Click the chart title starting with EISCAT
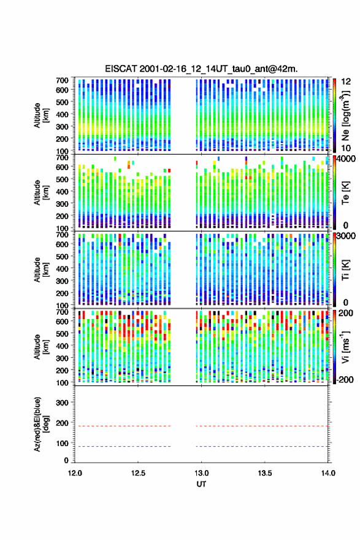(201, 69)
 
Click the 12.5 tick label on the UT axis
(138, 473)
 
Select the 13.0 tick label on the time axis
(201, 473)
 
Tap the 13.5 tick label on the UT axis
(265, 473)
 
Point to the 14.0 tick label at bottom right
(328, 473)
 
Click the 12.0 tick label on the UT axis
(75, 473)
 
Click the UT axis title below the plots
(201, 484)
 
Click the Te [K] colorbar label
(345, 193)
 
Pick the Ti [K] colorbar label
(345, 269)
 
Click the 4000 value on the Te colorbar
(347, 159)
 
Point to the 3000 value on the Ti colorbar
(347, 236)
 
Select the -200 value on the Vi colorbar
(344, 379)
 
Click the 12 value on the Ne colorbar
(347, 82)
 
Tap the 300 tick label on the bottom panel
(62, 403)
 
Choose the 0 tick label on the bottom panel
(66, 460)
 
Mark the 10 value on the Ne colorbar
(347, 148)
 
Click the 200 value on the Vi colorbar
(346, 313)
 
